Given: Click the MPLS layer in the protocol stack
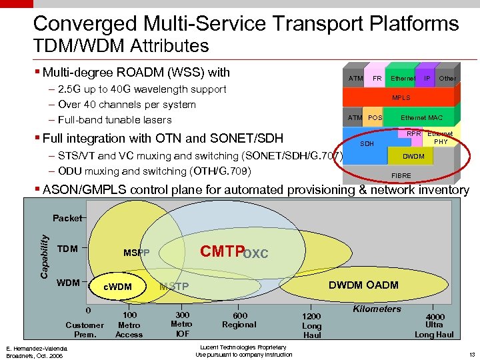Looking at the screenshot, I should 401,98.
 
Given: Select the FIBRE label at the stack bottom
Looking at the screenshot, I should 401,176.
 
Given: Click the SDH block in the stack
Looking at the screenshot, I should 367,144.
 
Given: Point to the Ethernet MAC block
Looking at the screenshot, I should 421,118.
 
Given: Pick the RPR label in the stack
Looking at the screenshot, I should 414,134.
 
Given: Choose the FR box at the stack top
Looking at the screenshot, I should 377,78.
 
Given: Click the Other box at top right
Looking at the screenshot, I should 447,78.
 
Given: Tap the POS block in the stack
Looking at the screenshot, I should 375,118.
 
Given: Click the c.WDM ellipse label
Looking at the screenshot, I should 119,287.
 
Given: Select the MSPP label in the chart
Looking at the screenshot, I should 137,253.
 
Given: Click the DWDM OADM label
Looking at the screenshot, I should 363,285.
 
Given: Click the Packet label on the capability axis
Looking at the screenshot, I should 67,218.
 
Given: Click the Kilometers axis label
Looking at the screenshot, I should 377,309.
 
